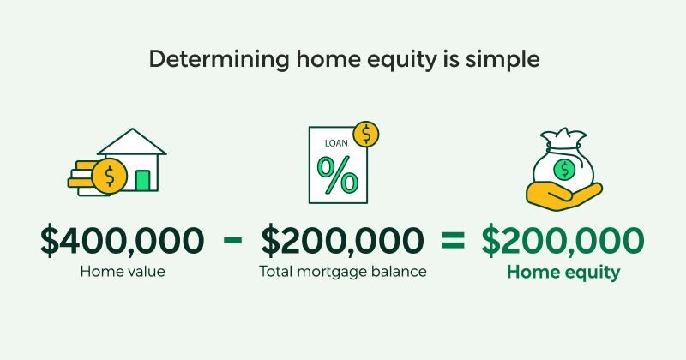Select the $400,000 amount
point(123,242)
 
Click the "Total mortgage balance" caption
point(343,273)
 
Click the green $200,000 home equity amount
point(562,242)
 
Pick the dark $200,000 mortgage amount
point(343,242)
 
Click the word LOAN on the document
point(330,143)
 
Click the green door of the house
point(142,180)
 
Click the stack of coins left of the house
point(84,178)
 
